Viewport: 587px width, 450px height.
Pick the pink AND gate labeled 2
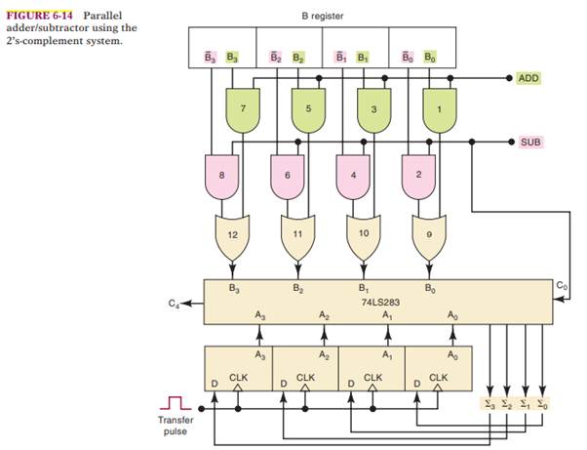coord(419,173)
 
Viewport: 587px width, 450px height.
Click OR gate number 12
coord(232,237)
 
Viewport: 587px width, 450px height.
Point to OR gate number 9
coord(431,237)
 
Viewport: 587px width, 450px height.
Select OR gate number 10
coord(365,237)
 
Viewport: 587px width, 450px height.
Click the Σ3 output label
coord(489,402)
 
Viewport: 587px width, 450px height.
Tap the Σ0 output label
coord(541,402)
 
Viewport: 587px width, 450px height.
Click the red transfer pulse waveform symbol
coord(177,400)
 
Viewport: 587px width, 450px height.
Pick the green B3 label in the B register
coord(232,58)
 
